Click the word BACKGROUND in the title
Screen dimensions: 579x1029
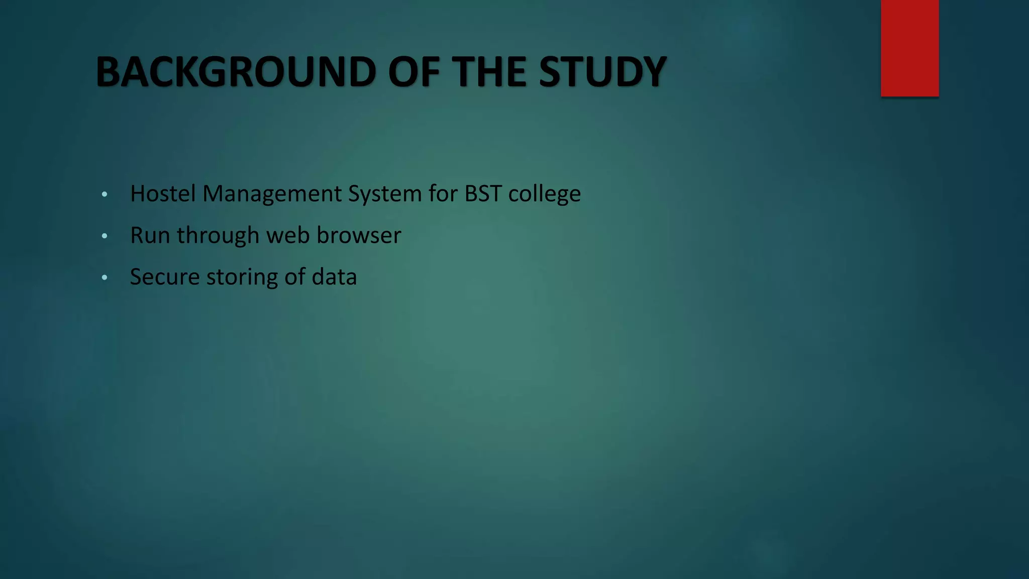[x=236, y=72]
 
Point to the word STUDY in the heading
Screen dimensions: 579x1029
[x=602, y=72]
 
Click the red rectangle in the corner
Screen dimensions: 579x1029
[x=909, y=48]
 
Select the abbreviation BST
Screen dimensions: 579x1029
[x=483, y=194]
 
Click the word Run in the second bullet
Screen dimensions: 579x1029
[x=150, y=235]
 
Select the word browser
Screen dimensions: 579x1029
[x=359, y=235]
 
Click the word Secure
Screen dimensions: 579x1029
[x=165, y=277]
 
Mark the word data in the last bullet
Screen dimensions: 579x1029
[x=334, y=277]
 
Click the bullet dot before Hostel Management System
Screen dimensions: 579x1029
[x=104, y=194]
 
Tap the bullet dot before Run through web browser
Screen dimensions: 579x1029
[x=104, y=236]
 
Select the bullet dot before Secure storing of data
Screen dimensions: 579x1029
[x=104, y=277]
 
